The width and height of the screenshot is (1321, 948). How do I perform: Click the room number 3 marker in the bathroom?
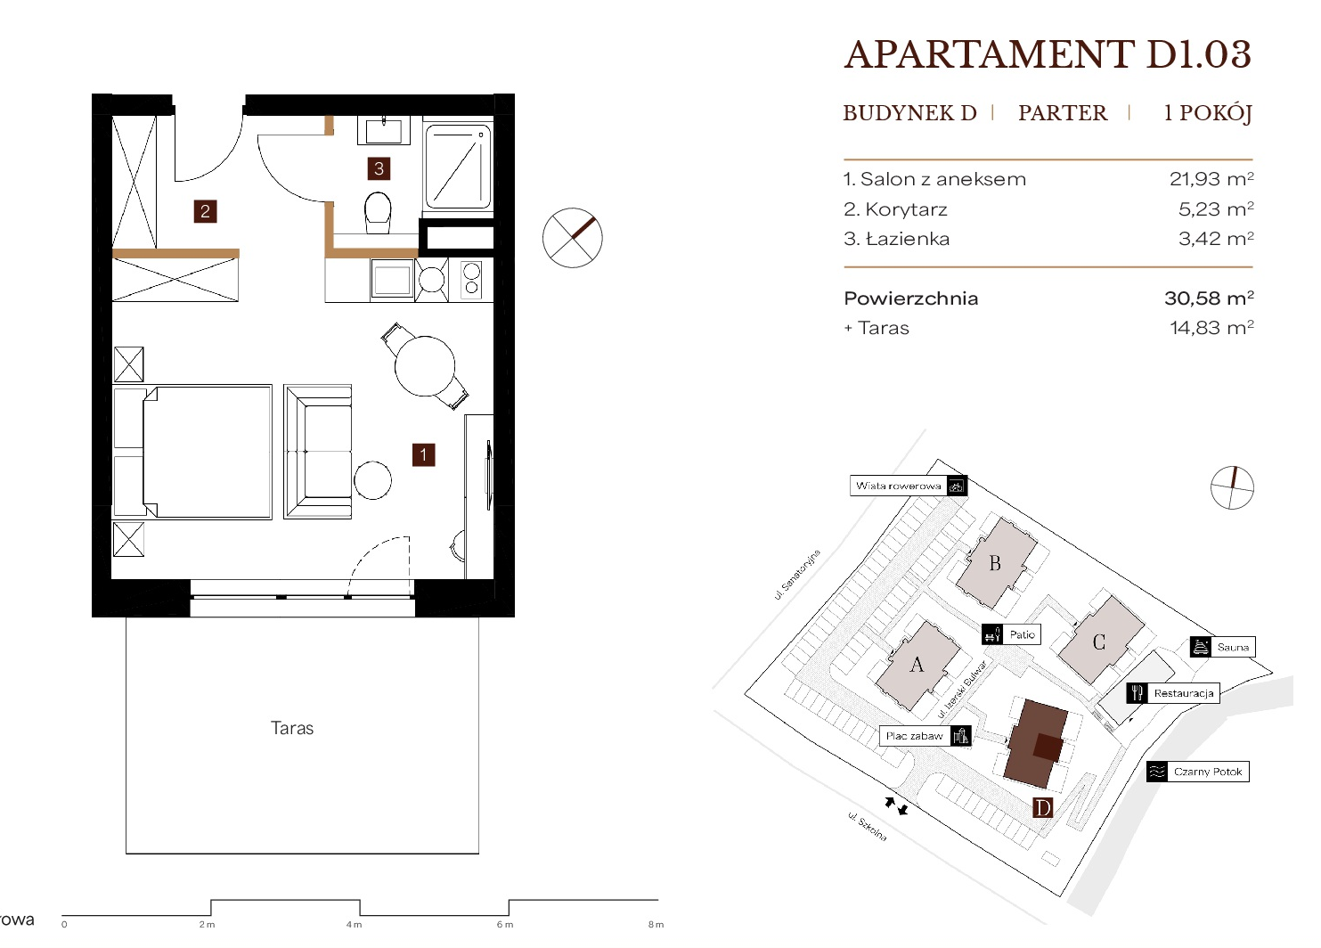click(x=379, y=168)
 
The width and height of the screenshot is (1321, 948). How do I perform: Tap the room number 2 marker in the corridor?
click(x=205, y=211)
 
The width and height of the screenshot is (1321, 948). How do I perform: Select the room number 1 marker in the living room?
click(x=423, y=454)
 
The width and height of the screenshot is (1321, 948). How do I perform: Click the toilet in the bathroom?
click(x=378, y=212)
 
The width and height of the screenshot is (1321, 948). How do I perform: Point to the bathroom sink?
click(x=383, y=130)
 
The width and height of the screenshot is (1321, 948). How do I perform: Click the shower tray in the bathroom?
click(x=458, y=167)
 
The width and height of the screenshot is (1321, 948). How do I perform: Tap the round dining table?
click(x=425, y=366)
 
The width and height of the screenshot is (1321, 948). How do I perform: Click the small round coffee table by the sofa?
click(x=372, y=480)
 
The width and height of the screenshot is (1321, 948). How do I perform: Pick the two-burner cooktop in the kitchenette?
click(x=471, y=280)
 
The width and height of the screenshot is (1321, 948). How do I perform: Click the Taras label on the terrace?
click(x=292, y=728)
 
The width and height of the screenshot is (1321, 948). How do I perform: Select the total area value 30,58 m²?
click(x=1209, y=298)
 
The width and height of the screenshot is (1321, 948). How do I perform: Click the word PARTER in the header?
click(x=1063, y=112)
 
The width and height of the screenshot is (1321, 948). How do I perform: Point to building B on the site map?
click(x=996, y=563)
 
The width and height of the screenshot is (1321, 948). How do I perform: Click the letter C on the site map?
click(x=1098, y=642)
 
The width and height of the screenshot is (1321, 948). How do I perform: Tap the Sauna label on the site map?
click(x=1233, y=647)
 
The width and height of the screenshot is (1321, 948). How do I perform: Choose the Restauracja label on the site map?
click(x=1184, y=693)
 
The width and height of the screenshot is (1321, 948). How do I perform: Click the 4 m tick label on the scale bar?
click(x=355, y=925)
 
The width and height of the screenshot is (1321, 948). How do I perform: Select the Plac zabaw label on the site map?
click(x=915, y=736)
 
